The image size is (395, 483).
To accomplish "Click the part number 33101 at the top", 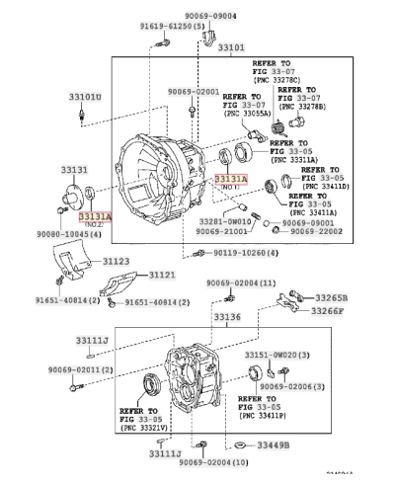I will (x=232, y=46).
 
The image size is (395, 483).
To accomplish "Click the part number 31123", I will (x=116, y=261).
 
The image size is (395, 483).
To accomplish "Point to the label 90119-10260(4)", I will (x=245, y=253).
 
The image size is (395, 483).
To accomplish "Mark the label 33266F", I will (x=331, y=310).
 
